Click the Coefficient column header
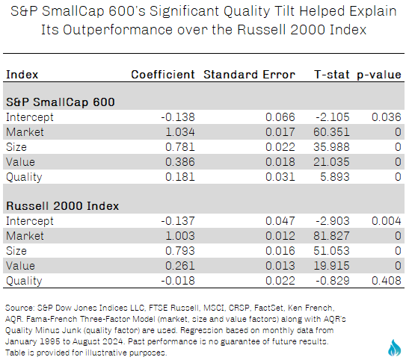163,75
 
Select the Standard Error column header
250,75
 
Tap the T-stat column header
332,75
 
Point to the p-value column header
379,75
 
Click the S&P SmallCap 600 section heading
61,102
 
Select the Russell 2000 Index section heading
63,206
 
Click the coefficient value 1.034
180,132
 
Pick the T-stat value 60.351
331,132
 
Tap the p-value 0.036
387,117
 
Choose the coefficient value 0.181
180,177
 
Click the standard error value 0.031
280,177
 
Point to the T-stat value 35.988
331,147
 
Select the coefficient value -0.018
178,281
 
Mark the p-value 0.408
387,281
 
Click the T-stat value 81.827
331,236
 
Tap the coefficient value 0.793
180,251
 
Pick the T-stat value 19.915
331,266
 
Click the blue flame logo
394,348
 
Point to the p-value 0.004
387,221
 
